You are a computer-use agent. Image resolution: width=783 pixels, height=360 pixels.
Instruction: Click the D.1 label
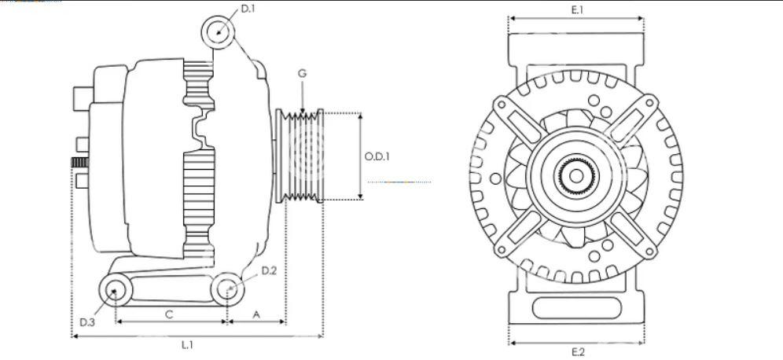point(248,9)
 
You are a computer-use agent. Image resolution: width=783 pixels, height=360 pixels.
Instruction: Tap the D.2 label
point(269,270)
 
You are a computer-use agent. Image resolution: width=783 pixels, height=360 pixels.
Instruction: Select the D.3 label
point(87,322)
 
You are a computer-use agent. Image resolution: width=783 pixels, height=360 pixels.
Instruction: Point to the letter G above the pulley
point(302,73)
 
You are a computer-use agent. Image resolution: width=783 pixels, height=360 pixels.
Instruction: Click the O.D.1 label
point(377,156)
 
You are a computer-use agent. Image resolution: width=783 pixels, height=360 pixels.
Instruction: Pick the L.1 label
point(187,344)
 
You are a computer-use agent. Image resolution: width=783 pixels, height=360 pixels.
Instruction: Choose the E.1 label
point(577,9)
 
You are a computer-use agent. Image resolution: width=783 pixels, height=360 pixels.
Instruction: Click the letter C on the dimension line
point(169,314)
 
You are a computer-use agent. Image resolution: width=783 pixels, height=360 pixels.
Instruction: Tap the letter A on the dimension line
point(256,314)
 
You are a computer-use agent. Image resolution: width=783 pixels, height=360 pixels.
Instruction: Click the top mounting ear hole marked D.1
point(219,32)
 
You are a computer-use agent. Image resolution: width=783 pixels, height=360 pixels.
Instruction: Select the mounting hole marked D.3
point(116,290)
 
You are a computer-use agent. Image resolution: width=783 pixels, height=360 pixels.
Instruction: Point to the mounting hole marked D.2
point(228,289)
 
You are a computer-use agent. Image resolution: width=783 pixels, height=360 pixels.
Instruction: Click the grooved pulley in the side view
point(300,156)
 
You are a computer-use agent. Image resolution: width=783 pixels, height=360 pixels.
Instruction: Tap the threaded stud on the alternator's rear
point(80,162)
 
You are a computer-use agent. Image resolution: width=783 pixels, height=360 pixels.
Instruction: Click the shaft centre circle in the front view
point(576,176)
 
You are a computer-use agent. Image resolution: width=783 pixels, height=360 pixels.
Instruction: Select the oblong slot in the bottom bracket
point(577,308)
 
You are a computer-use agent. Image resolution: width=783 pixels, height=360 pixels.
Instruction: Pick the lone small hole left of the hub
point(495,178)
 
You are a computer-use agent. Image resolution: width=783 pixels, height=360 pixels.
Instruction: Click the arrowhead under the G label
point(302,111)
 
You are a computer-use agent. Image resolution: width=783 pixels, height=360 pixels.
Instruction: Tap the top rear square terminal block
point(83,99)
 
